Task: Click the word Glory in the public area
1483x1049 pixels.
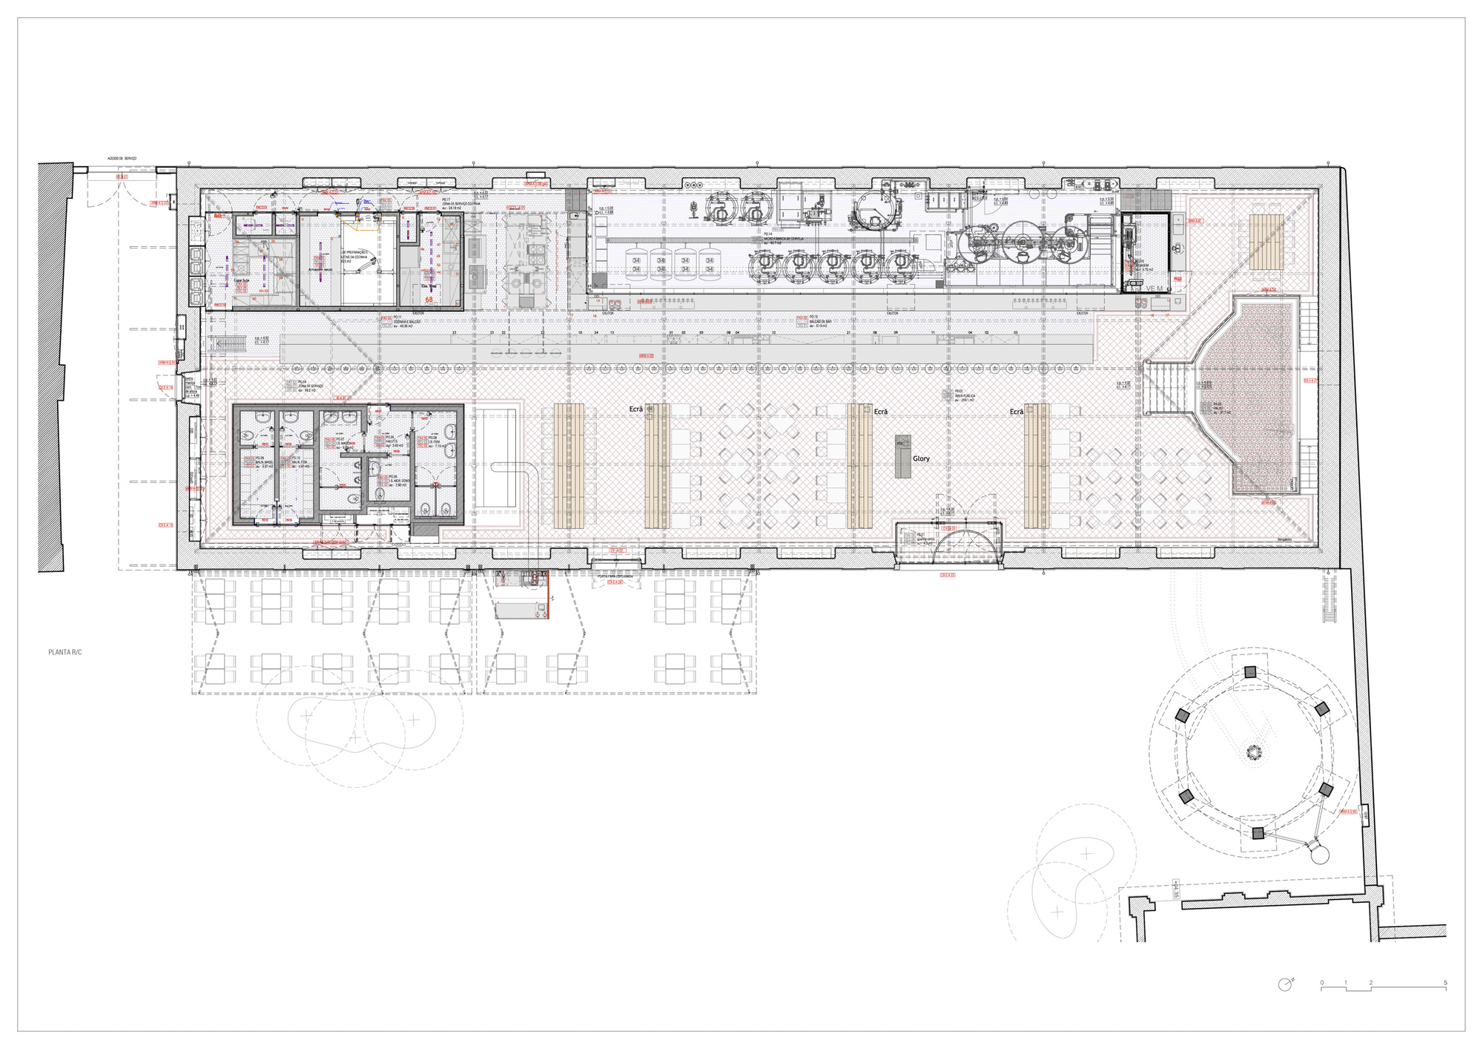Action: (x=921, y=458)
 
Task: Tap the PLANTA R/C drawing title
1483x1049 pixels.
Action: (x=65, y=652)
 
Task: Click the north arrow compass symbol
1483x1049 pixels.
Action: (x=1285, y=984)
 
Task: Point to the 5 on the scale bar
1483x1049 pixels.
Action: (x=1445, y=983)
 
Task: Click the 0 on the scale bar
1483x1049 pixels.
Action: (x=1321, y=983)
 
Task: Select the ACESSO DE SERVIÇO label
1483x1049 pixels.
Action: (x=122, y=159)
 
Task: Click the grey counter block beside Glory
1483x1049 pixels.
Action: (x=902, y=456)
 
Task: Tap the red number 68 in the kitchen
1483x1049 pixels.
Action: (x=429, y=300)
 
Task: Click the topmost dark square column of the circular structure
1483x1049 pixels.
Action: (x=1250, y=672)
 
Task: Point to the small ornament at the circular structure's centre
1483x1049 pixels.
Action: (x=1253, y=753)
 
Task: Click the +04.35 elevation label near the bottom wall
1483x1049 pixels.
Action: (x=1175, y=889)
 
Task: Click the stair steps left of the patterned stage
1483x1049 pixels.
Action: (x=1167, y=388)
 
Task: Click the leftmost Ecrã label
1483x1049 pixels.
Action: (x=636, y=410)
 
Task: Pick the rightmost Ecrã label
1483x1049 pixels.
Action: (x=1017, y=412)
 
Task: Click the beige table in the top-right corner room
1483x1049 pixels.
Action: (x=1266, y=241)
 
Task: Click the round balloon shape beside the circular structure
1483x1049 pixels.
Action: (x=1319, y=854)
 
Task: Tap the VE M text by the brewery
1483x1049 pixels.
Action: (x=1155, y=289)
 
